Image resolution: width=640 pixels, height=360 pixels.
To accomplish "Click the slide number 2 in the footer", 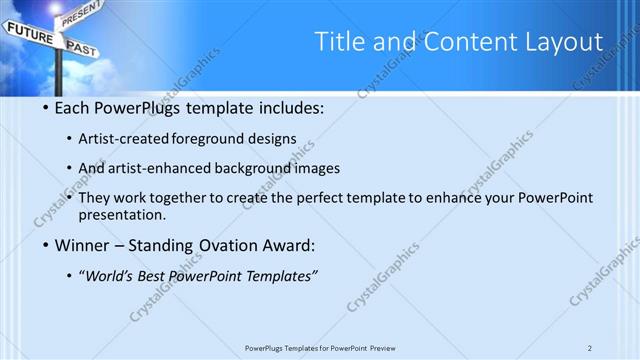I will pos(590,348).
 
